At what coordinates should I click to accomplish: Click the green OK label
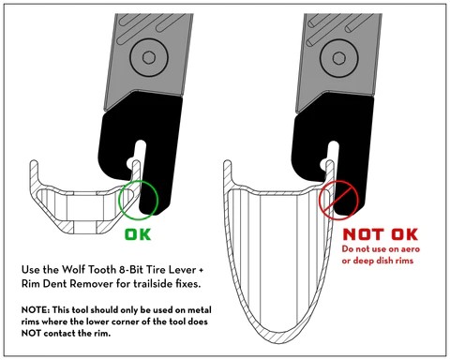pos(138,234)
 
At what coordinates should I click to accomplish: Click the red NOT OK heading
pos(381,234)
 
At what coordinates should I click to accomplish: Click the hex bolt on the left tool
pos(149,58)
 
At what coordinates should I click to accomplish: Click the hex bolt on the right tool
pos(339,58)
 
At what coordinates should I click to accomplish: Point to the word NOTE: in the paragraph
pos(36,310)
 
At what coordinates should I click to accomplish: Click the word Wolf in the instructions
pos(72,269)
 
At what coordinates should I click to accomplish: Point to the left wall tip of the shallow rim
pos(34,162)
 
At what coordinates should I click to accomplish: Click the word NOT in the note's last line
pos(31,333)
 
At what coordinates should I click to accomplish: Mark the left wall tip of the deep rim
pos(228,162)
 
